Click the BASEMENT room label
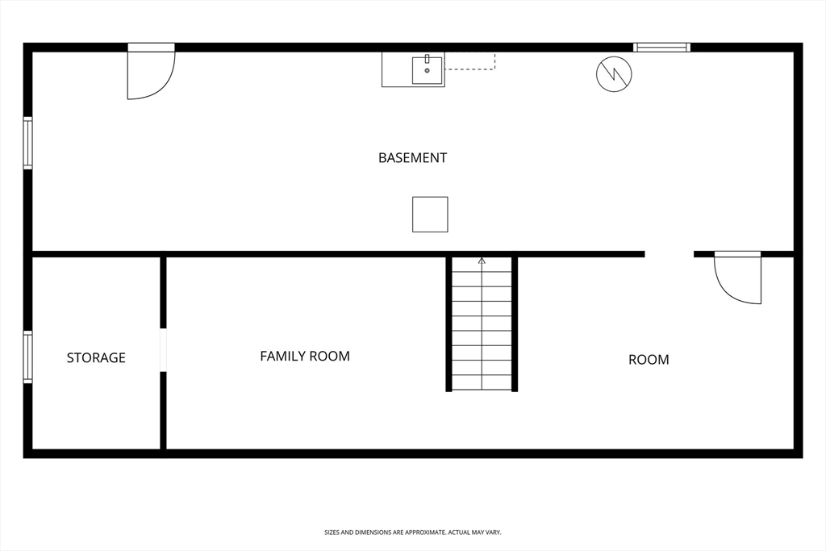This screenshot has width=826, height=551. coord(412,158)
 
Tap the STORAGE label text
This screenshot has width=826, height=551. coord(96,357)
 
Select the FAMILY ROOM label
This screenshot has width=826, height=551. coord(305,356)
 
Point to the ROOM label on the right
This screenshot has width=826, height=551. coord(649,360)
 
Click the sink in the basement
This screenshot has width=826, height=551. coord(427,70)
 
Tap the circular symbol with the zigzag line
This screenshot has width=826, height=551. coord(614,74)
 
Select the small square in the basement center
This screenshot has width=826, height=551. coord(430,215)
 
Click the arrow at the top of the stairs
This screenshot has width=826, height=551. coord(482,261)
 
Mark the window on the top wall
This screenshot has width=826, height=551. coord(661,48)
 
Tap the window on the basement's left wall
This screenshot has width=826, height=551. coord(28,144)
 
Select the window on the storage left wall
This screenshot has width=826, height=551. coord(28,357)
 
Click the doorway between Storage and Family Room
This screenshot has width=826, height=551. coord(163,350)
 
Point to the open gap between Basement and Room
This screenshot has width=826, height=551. coord(669,254)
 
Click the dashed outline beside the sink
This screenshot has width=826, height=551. coord(470,62)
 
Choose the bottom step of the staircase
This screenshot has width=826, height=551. coord(482,382)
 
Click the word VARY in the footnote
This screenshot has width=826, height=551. coord(492,532)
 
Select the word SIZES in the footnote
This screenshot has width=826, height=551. coord(332,532)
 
